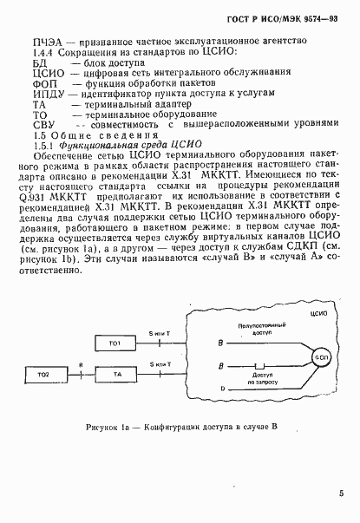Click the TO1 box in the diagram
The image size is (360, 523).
[x=113, y=344]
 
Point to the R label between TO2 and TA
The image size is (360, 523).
[x=82, y=364]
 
